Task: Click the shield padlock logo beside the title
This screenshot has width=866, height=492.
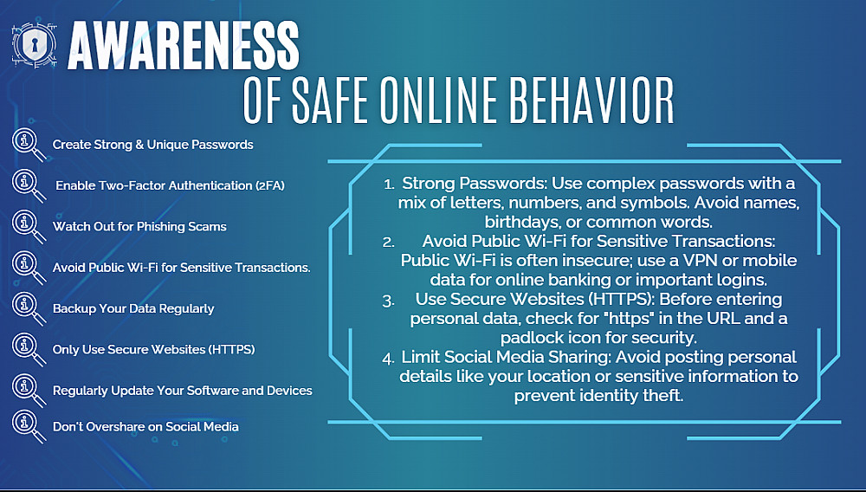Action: tap(34, 45)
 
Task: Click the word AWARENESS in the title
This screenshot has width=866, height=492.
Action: tap(184, 47)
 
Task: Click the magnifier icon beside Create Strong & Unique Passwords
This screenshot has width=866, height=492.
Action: tap(29, 145)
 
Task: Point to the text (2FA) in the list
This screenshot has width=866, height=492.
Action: tap(269, 185)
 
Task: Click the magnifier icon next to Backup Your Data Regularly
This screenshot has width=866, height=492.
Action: tap(29, 308)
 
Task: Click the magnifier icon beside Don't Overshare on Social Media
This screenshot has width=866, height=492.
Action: tap(29, 427)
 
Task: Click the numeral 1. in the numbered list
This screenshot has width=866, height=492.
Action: tap(390, 184)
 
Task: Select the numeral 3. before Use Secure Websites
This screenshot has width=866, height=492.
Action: tap(388, 301)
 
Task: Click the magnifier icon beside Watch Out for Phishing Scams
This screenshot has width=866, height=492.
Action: tap(29, 227)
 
